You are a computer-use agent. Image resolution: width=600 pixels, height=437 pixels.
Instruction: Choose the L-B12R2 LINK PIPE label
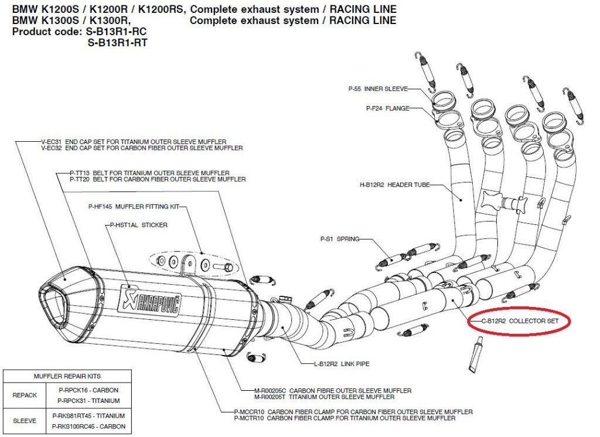342,364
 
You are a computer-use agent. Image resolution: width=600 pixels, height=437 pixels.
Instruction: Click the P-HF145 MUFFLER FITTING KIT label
134,207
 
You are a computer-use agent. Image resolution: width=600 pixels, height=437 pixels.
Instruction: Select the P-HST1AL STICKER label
138,224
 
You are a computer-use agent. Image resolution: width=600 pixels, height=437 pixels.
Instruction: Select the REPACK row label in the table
25,395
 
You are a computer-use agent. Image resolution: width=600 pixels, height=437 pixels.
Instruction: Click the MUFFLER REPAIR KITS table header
67,376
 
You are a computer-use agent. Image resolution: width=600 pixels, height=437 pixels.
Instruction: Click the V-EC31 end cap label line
134,142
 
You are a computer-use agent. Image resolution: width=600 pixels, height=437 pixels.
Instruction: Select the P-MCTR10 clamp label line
345,418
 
